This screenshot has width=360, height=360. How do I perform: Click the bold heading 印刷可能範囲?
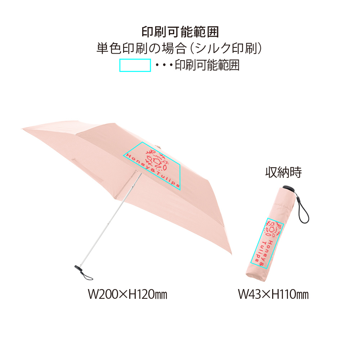180,32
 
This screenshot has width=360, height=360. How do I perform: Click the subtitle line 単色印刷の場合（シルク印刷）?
179,48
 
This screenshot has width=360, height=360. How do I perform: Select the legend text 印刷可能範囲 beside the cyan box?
207,65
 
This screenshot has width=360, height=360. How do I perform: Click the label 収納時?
283,172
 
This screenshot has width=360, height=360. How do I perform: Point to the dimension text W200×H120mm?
128,294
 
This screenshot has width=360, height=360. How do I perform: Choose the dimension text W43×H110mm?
273,294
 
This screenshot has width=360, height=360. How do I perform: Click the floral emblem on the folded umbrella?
273,229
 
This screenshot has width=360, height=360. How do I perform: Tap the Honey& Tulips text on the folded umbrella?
262,253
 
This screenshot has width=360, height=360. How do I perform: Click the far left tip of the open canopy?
22,129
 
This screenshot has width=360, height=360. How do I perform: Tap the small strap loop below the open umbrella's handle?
87,276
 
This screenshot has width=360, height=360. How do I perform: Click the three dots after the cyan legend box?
164,65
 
